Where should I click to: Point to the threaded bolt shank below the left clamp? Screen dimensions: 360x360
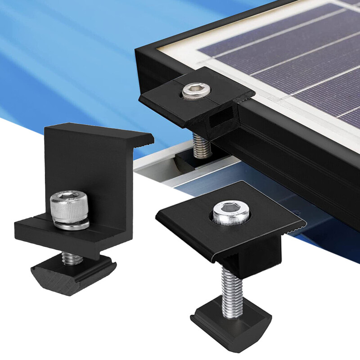72,258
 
